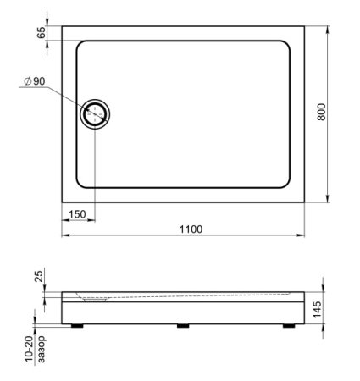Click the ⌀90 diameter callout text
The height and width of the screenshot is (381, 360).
[36, 81]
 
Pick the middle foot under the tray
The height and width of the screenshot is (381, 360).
[182, 323]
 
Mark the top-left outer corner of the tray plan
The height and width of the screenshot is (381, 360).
[62, 25]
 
